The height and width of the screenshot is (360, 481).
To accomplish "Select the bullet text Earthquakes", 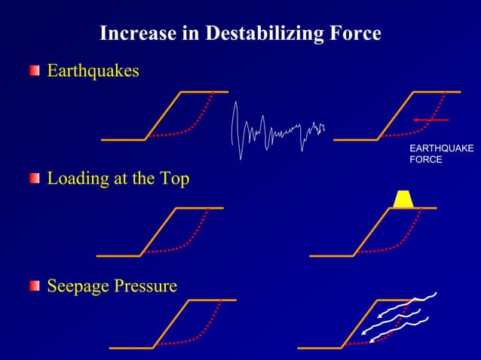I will coord(93,71).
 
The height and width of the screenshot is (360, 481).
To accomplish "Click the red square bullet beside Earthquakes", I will coord(35,71).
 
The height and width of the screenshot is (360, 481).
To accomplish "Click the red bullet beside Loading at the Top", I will coord(35,178).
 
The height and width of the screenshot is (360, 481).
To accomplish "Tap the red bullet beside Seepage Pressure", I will coord(35,286).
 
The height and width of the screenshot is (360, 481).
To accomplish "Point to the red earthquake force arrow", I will coord(430,120).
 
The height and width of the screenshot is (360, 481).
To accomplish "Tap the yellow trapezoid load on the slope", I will coord(403,198).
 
